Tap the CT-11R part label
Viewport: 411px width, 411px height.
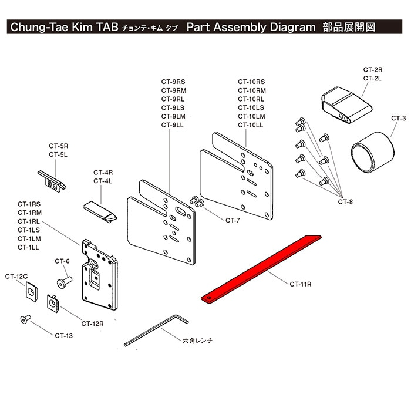pyautogui.click(x=300, y=284)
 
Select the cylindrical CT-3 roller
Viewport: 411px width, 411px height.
pyautogui.click(x=372, y=151)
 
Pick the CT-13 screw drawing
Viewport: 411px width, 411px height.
pyautogui.click(x=25, y=319)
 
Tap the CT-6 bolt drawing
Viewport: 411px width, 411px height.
pyautogui.click(x=63, y=283)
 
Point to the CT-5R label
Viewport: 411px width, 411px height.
pyautogui.click(x=59, y=145)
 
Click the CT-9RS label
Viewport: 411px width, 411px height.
pyautogui.click(x=174, y=82)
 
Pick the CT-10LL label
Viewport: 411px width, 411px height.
pyautogui.click(x=251, y=125)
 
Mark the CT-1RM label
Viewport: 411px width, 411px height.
pyautogui.click(x=29, y=212)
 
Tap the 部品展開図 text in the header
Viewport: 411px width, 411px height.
pyautogui.click(x=348, y=28)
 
